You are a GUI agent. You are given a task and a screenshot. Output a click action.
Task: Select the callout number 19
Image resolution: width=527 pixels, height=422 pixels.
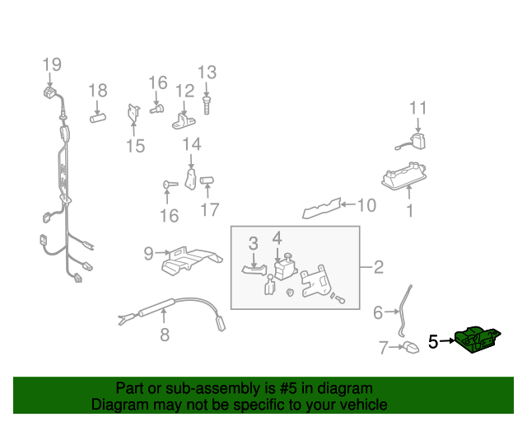click(x=52, y=64)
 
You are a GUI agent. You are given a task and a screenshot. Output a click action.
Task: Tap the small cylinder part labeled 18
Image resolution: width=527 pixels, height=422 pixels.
click(x=98, y=118)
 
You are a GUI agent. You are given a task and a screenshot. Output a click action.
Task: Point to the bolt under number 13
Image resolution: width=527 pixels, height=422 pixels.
click(x=207, y=105)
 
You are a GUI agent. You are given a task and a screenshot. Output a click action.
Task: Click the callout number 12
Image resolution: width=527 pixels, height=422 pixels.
click(x=184, y=90)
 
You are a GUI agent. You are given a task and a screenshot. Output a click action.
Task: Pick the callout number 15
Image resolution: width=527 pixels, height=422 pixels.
click(x=135, y=146)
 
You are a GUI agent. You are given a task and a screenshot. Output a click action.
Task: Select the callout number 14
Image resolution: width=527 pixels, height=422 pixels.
click(x=191, y=145)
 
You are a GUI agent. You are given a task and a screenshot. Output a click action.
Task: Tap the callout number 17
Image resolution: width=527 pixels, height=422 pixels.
click(x=210, y=209)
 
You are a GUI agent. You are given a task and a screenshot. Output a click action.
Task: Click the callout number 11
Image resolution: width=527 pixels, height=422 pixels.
click(x=419, y=108)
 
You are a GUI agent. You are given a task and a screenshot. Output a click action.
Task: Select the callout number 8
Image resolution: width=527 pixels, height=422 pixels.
click(x=164, y=335)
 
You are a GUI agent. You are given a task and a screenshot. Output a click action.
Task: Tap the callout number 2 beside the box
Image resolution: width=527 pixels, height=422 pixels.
click(x=378, y=267)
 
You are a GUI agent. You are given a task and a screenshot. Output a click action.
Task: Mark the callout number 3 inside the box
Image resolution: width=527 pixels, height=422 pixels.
click(x=254, y=242)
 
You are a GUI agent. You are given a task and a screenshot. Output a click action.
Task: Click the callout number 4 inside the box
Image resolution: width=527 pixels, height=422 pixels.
click(x=277, y=237)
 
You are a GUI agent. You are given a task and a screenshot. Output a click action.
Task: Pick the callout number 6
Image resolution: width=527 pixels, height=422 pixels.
click(x=378, y=312)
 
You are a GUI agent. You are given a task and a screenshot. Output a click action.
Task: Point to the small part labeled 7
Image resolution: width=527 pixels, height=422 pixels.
click(x=410, y=347)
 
